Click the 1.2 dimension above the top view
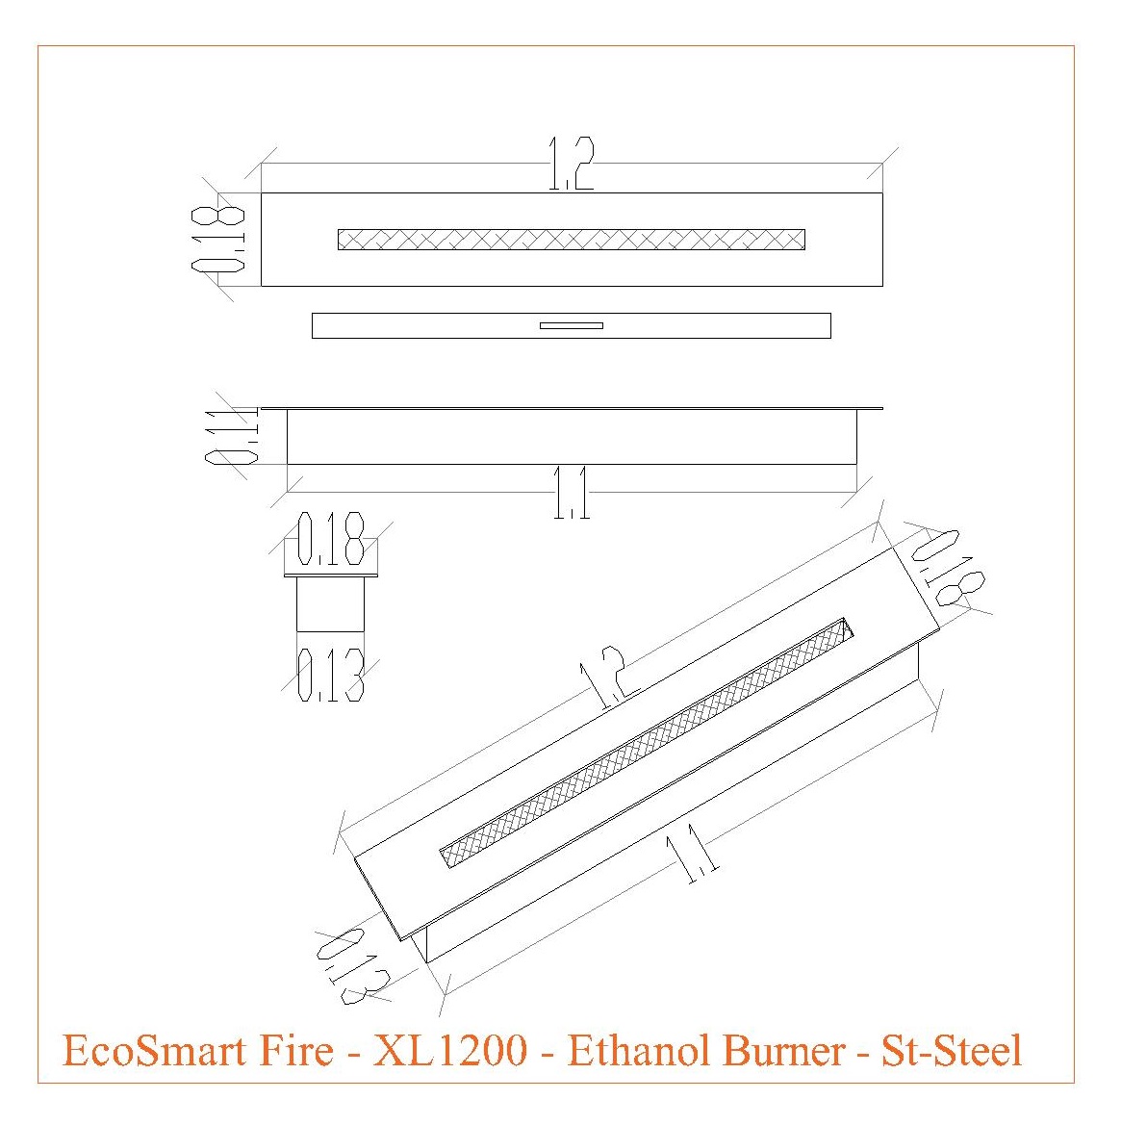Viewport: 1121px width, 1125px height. click(572, 164)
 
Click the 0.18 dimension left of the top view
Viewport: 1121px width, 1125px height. click(218, 240)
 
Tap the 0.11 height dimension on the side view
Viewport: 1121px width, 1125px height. click(232, 436)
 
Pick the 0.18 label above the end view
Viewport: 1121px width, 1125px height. click(331, 539)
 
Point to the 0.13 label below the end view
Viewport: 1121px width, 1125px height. click(331, 675)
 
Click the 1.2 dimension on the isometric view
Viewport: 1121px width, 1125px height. click(601, 679)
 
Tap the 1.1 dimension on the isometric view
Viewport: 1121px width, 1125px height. click(693, 854)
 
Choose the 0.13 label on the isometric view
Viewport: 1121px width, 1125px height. click(352, 965)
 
